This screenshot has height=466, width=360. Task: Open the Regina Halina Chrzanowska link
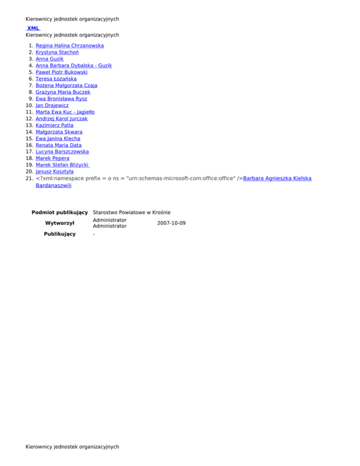(x=69, y=46)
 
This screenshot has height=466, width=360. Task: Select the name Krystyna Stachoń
(x=58, y=53)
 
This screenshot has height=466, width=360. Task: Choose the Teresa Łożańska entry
(x=56, y=79)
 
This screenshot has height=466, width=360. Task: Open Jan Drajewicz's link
(x=52, y=105)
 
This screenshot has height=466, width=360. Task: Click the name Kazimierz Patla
(x=54, y=126)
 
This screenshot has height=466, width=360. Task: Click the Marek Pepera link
(x=52, y=158)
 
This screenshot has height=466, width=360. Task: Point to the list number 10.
(x=29, y=105)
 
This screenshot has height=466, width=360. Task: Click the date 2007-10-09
(x=172, y=223)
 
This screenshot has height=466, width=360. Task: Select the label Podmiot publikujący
(x=60, y=212)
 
